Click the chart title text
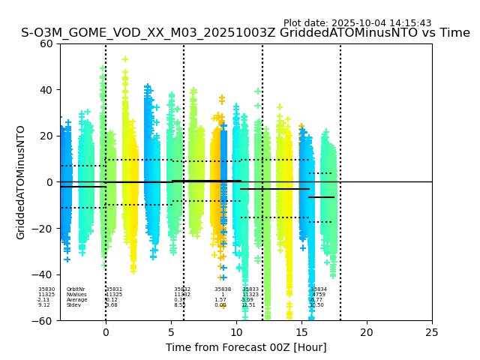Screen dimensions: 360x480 coord(245,33)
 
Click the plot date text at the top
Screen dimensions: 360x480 coord(357,23)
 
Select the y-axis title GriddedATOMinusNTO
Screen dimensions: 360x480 coord(21,182)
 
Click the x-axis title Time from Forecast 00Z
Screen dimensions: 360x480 coord(246,347)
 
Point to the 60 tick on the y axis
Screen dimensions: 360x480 coord(46,43)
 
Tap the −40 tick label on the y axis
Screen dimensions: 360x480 coord(43,274)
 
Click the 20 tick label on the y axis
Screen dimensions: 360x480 coord(46,136)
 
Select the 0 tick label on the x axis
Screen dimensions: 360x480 coord(106,332)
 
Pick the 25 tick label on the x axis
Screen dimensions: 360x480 coord(432,332)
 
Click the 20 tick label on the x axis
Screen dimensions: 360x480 coord(367,332)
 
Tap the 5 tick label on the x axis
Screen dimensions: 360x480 coord(171,332)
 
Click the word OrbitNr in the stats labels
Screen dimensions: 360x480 coord(76,289)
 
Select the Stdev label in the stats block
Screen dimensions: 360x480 coord(73,305)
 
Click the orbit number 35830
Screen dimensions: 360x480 coord(46,289)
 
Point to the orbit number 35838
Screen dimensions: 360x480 coord(223,289)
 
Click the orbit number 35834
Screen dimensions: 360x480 coord(319,289)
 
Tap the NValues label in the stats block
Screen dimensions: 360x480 coord(76,295)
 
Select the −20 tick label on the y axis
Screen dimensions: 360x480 coord(43,229)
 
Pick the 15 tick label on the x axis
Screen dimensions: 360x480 coord(301,332)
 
